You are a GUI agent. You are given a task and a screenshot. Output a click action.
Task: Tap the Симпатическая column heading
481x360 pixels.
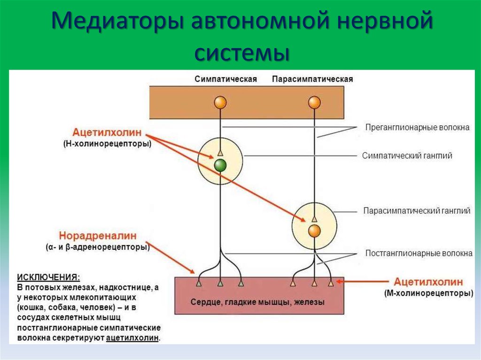point(225,79)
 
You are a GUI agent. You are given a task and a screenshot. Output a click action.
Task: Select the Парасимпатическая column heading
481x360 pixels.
point(312,79)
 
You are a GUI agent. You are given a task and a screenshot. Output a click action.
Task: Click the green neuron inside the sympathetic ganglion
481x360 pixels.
point(220,165)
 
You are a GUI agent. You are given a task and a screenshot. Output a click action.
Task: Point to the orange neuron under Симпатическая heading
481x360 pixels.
point(220,102)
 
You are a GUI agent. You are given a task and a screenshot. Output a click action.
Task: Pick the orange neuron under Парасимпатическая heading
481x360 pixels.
point(314,102)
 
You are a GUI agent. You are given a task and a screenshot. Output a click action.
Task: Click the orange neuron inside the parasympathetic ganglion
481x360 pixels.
point(314,230)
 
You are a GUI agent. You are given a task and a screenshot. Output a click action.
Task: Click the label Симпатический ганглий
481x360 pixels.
point(407,156)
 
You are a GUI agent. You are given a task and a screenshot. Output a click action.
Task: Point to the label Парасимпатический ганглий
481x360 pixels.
point(417,211)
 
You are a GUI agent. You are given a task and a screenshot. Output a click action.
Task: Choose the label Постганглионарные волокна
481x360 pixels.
point(419,253)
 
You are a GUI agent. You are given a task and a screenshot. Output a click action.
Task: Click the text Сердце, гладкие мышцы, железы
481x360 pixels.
point(257,302)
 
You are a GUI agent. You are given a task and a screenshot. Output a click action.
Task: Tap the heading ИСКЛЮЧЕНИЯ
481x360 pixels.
point(48,276)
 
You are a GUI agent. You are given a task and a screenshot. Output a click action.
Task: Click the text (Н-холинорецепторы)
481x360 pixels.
point(108,144)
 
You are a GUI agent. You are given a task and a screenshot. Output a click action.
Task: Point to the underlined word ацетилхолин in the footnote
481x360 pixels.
point(132,338)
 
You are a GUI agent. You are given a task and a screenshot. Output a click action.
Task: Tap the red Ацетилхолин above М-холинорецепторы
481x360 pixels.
point(428,282)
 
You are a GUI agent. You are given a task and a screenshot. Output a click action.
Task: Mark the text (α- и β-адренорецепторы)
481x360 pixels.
point(98,247)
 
